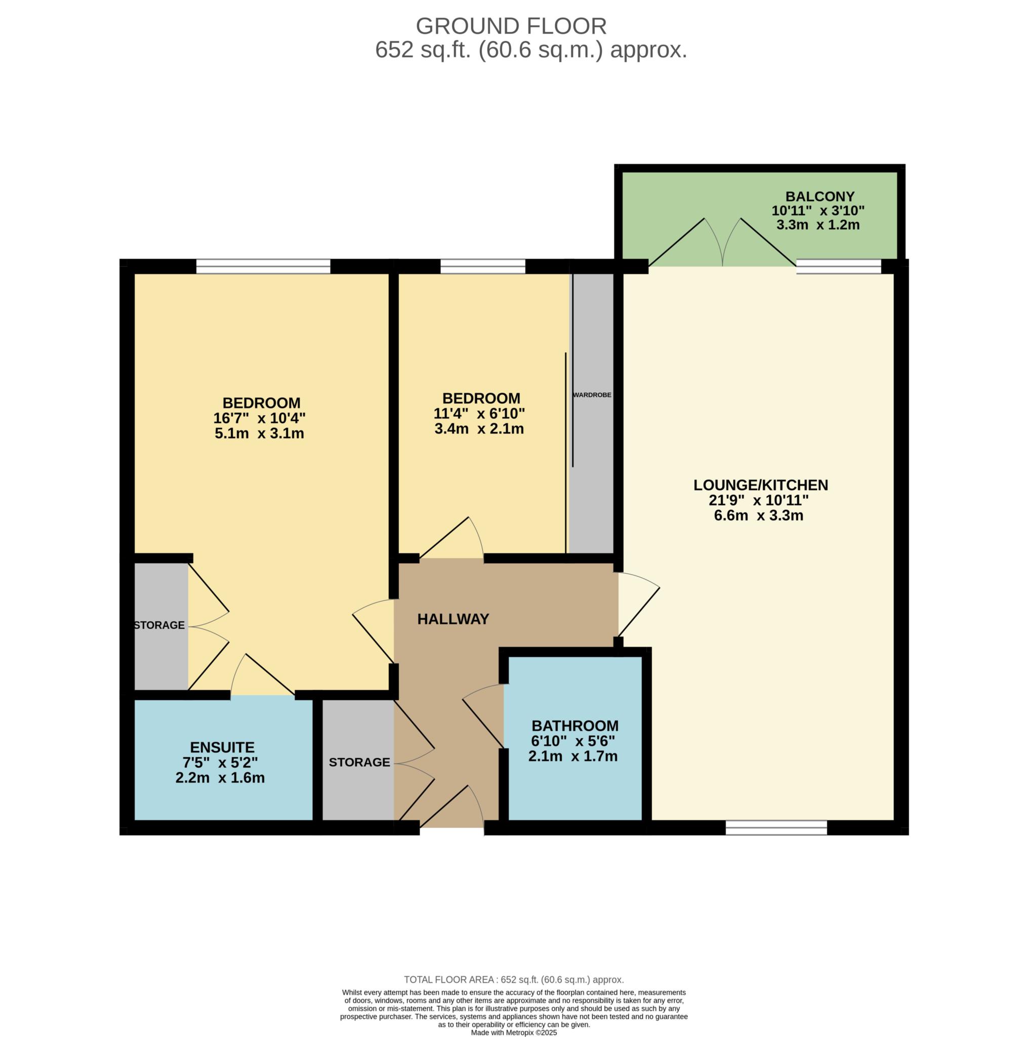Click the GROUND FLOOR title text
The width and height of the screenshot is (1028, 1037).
511,26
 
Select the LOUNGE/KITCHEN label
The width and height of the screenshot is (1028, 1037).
760,485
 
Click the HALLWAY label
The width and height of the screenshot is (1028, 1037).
453,619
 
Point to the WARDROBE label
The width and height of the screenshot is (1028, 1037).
591,395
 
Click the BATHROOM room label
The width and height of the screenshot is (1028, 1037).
574,726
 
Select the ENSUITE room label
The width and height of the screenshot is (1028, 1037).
222,747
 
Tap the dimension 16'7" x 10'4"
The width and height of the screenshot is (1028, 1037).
259,418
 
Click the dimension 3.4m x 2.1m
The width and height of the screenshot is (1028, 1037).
479,428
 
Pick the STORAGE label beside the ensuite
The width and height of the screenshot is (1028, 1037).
359,762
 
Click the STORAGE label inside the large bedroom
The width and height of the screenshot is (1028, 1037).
159,625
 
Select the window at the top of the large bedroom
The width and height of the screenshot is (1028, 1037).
263,266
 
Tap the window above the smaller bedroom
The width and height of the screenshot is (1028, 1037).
482,266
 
